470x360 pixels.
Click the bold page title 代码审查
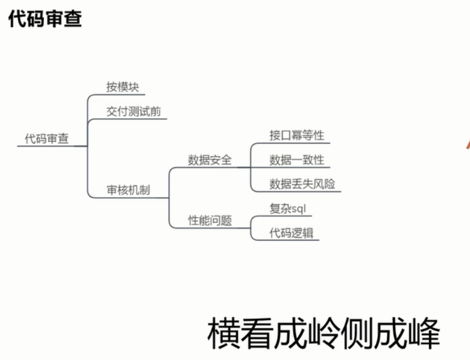(45, 19)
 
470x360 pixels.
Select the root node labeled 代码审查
(47, 139)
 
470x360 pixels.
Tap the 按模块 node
(123, 87)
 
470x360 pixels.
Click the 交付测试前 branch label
(134, 112)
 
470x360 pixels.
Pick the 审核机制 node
(129, 190)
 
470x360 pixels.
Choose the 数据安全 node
(210, 160)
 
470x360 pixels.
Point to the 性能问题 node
(210, 220)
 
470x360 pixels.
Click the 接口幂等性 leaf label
(297, 135)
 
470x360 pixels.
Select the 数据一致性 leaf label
(297, 160)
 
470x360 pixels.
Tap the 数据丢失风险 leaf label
(302, 184)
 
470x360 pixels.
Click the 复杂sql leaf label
(288, 208)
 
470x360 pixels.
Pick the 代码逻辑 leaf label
(292, 233)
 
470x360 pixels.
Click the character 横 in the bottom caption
(224, 334)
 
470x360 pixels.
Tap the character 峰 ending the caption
(424, 334)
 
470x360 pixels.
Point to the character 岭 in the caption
(324, 334)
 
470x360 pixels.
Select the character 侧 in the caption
(357, 334)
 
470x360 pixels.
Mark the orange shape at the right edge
(468, 143)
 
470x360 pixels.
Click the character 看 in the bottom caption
(257, 334)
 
